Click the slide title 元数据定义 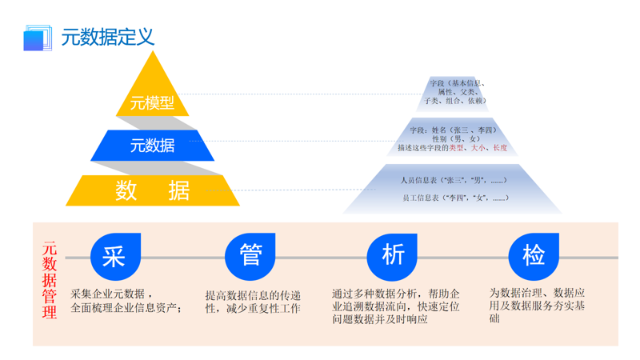[x=107, y=37]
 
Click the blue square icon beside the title [x=37, y=38]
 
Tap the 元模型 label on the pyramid [x=152, y=103]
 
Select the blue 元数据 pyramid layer [x=152, y=146]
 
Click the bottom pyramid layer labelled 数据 [x=152, y=190]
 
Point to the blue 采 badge [x=114, y=256]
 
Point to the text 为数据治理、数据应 [x=537, y=293]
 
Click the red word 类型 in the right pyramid [x=456, y=148]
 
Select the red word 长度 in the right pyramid [x=499, y=148]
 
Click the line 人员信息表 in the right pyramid [x=453, y=180]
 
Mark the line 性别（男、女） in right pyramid [x=454, y=138]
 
